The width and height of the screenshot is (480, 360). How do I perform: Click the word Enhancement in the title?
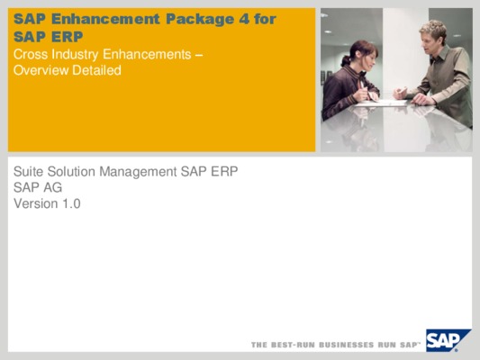point(105,19)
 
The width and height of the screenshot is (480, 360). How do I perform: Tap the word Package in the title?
point(200,20)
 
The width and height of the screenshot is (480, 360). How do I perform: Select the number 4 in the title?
point(244,19)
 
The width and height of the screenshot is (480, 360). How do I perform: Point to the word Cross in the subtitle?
point(31,54)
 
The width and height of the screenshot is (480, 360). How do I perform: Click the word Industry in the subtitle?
point(75,55)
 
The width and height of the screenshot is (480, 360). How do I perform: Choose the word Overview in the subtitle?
point(41,70)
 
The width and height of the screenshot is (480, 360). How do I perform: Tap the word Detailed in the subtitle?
point(96,70)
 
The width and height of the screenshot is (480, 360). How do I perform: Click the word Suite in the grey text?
point(29,172)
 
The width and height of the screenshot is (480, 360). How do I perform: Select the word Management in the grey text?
point(138,172)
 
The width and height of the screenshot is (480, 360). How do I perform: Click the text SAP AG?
point(38,187)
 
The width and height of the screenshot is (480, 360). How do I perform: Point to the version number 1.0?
point(71,203)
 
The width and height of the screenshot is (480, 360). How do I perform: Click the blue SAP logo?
point(447,340)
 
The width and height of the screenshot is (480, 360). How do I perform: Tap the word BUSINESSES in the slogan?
point(346,345)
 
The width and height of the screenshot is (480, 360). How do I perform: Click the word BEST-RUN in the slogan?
point(293,345)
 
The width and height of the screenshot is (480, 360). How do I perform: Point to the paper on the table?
point(382,103)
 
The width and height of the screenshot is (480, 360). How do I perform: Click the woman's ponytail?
point(347,60)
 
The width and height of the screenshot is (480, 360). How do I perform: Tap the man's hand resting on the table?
point(421,99)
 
